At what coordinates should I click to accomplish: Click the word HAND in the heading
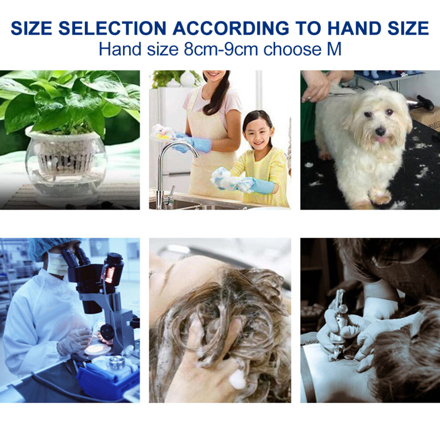[354, 28]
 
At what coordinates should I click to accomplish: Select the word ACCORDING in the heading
[231, 28]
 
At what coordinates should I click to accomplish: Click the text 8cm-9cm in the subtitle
[220, 49]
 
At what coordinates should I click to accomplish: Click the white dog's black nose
[380, 131]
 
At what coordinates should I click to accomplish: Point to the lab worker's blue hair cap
[48, 247]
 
